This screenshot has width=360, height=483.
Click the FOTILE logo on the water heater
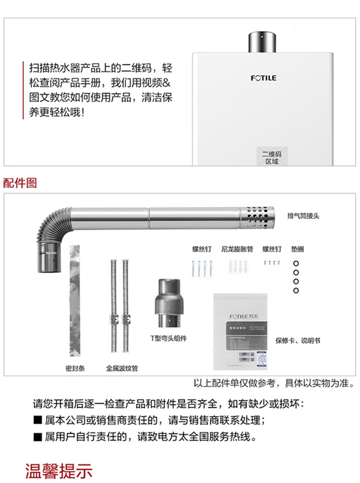point(264,78)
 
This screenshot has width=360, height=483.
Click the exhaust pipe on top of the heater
point(263,42)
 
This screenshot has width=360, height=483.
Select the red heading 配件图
point(20,183)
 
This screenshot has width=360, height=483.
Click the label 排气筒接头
point(303,216)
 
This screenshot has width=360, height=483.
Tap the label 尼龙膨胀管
point(236,249)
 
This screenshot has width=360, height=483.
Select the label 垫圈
point(297,249)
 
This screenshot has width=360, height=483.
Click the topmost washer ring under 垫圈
point(296,263)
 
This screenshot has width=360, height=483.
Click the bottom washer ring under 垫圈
point(296,290)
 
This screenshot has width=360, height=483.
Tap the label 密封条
point(75,369)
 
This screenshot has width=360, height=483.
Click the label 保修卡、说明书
point(298,341)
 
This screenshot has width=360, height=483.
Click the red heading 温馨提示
point(58,471)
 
